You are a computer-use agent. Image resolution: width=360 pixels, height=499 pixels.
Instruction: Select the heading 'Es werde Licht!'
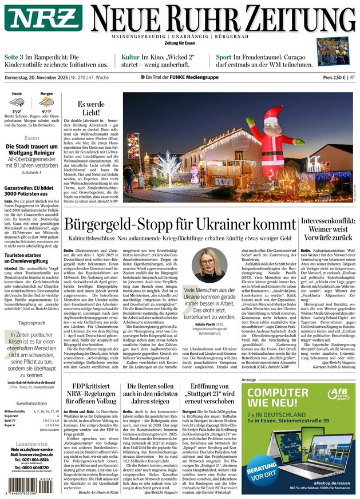(x=91, y=109)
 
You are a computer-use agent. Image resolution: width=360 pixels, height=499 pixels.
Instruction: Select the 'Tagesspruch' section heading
(x=31, y=323)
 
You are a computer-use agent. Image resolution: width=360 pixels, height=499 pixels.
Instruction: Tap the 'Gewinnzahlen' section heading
(x=31, y=403)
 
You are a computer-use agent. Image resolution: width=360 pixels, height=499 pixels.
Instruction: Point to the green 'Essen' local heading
(x=31, y=138)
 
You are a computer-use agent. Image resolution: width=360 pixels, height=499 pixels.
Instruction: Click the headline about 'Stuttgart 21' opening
(x=209, y=394)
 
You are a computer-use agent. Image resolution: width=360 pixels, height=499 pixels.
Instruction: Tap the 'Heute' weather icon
(x=17, y=103)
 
